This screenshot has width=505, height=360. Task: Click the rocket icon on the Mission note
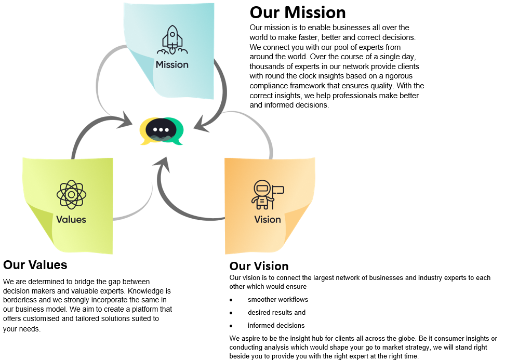(172, 41)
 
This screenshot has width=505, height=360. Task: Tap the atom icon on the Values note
(71, 194)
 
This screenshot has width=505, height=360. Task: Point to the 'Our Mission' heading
(298, 12)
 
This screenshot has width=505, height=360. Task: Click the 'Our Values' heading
(35, 265)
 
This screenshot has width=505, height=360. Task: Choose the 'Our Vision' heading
(259, 266)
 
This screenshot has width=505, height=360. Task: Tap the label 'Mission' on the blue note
(172, 65)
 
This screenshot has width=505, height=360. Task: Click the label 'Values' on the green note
(71, 219)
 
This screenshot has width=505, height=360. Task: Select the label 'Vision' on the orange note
(268, 219)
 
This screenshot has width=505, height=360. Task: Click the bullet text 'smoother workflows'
(278, 300)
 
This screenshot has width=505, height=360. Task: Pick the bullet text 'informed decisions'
(276, 326)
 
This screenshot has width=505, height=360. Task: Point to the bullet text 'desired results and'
(276, 313)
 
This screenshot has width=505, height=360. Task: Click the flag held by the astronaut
(278, 190)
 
